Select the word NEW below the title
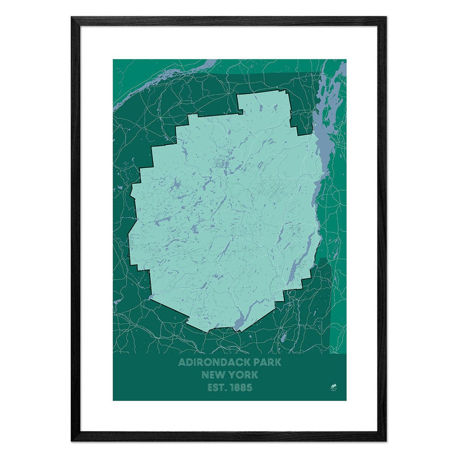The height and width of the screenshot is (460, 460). [214, 375]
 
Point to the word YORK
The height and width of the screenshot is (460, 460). [244, 375]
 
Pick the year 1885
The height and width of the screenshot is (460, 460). [242, 388]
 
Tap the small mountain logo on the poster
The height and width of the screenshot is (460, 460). [333, 387]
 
